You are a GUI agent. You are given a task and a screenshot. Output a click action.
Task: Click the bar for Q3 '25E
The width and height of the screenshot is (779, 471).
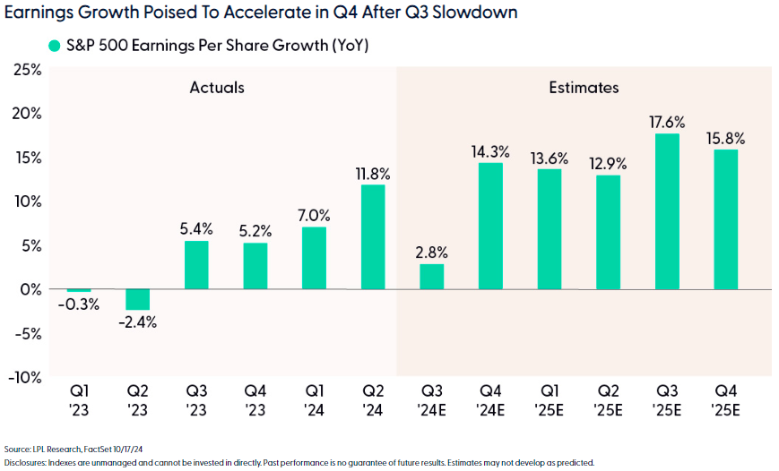point(667,211)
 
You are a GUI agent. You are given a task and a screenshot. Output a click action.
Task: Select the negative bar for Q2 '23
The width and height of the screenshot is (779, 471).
point(137,299)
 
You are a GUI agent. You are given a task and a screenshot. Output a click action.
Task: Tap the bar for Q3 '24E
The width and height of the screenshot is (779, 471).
point(431,277)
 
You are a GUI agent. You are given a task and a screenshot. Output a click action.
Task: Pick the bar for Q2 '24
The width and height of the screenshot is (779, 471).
point(373,237)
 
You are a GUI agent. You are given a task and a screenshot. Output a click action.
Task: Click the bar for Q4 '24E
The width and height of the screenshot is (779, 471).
point(490,226)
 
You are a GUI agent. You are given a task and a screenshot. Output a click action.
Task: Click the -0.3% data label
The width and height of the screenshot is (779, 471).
point(79,304)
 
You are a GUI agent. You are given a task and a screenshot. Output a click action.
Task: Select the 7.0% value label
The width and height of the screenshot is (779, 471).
point(314,215)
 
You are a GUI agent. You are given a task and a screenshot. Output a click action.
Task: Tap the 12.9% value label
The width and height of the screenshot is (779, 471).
point(608,164)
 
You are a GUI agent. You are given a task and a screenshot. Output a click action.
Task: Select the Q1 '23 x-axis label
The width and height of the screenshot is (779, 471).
point(78,400)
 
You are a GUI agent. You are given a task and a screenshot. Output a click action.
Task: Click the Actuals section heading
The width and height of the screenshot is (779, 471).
point(217,88)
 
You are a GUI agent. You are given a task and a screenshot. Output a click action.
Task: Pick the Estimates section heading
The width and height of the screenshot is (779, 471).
point(584,88)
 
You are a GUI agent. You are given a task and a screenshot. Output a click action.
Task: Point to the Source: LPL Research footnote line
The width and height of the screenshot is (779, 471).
point(75,448)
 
